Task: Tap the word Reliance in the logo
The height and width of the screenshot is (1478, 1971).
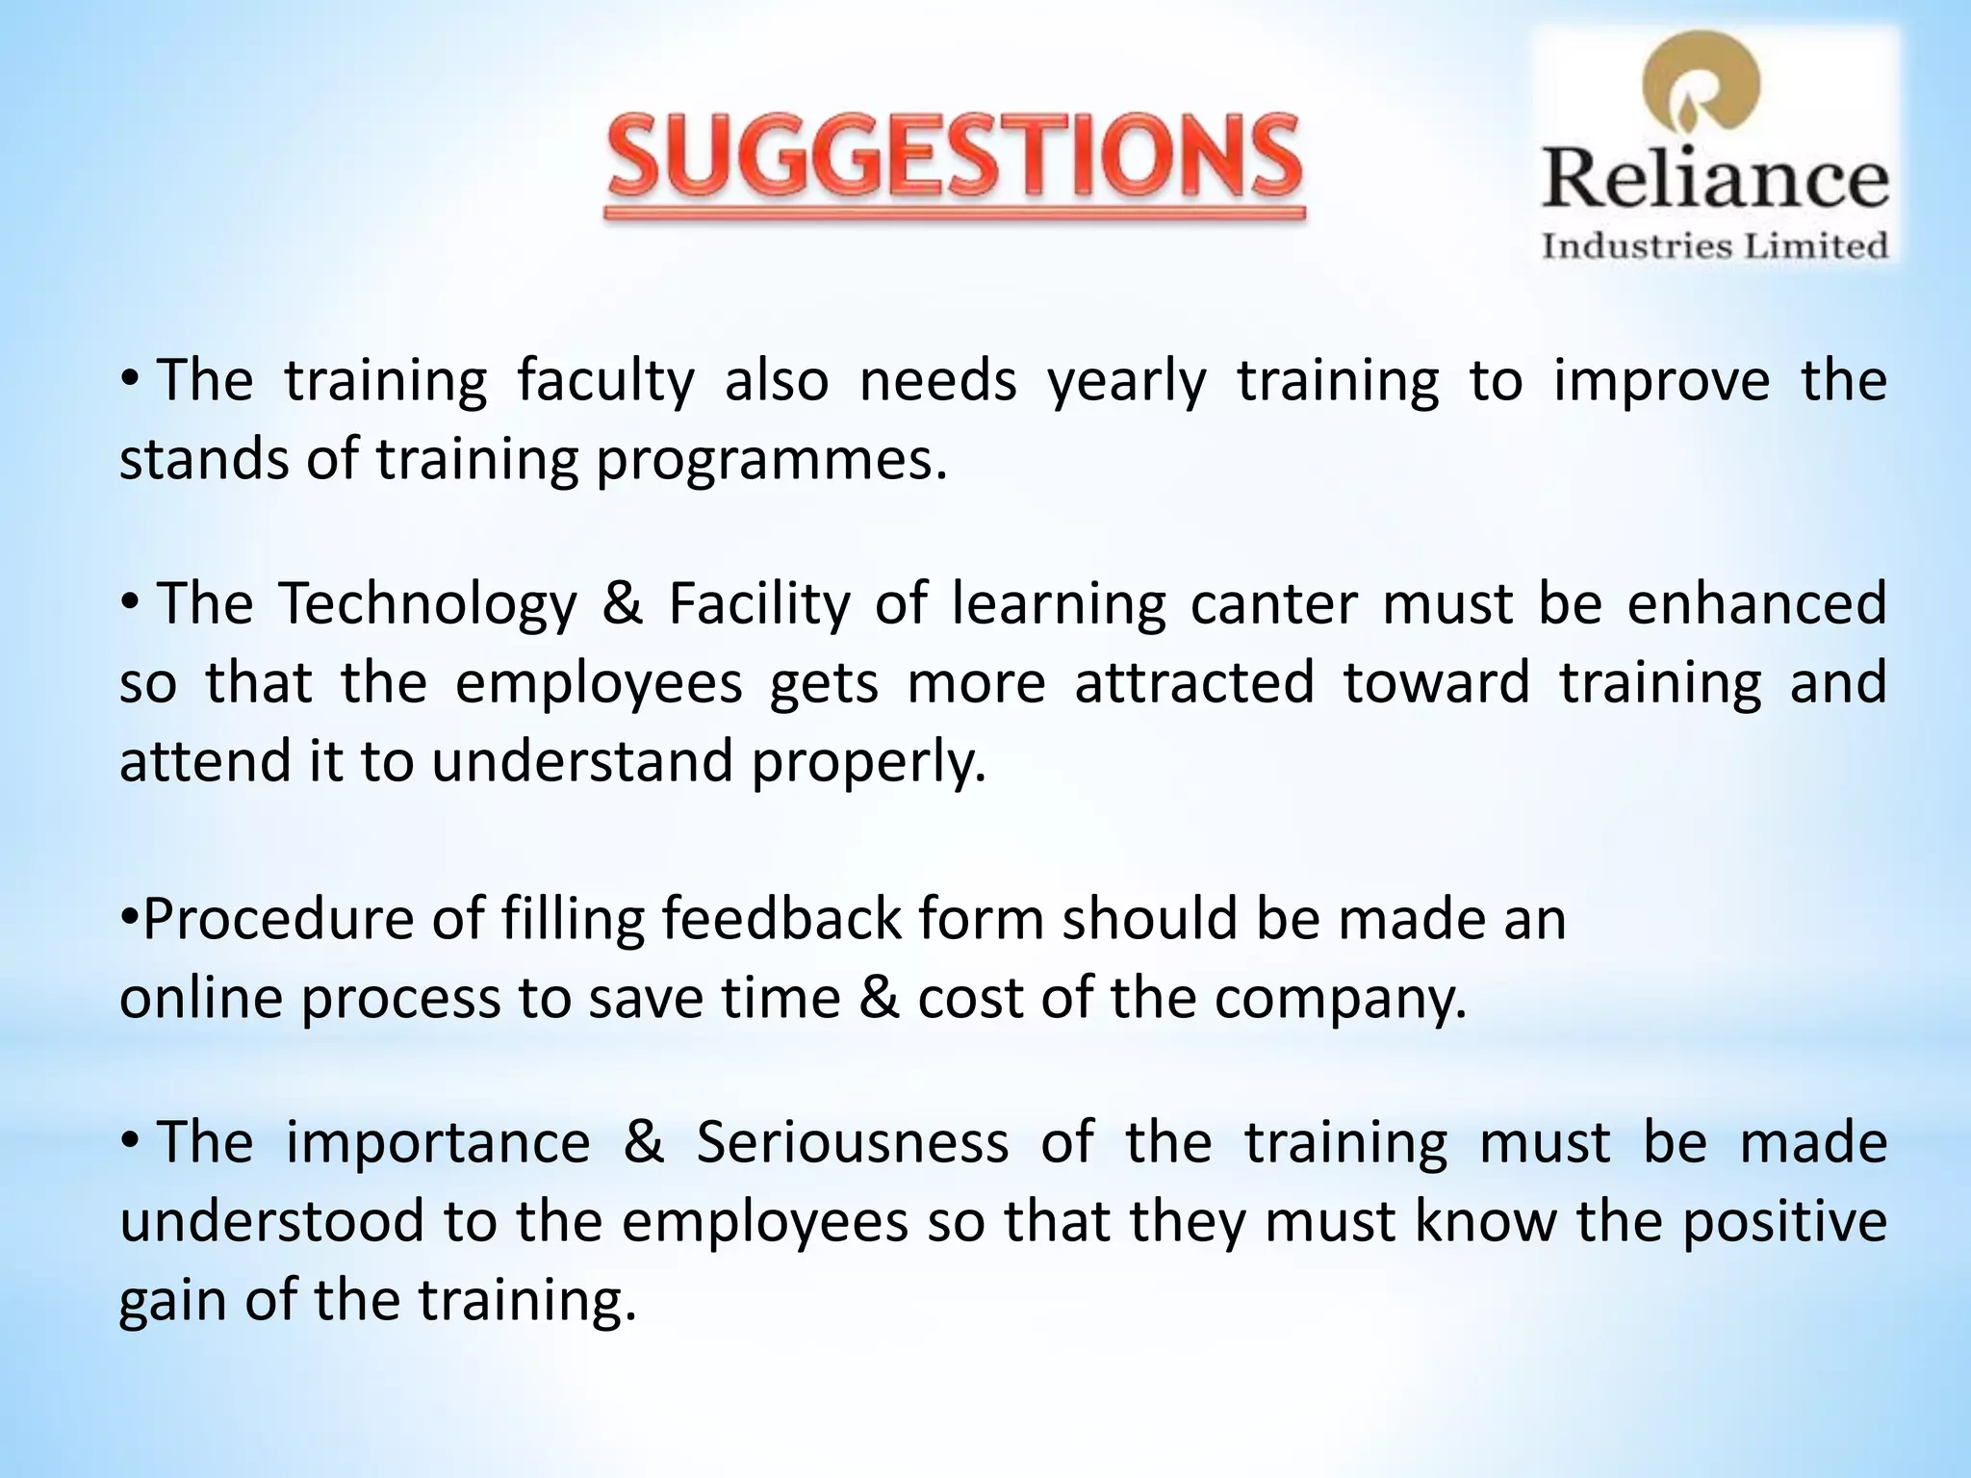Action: point(1715,180)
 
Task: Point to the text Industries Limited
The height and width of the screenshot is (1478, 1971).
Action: point(1715,246)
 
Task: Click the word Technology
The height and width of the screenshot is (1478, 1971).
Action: point(428,605)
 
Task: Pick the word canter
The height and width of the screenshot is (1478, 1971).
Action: point(1273,605)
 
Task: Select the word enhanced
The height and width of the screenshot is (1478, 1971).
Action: point(1756,605)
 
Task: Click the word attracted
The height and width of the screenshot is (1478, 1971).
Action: point(1194,683)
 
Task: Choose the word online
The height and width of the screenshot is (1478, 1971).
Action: point(201,999)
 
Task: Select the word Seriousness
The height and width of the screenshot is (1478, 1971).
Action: point(853,1143)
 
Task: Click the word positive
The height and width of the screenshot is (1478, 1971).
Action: point(1783,1222)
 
